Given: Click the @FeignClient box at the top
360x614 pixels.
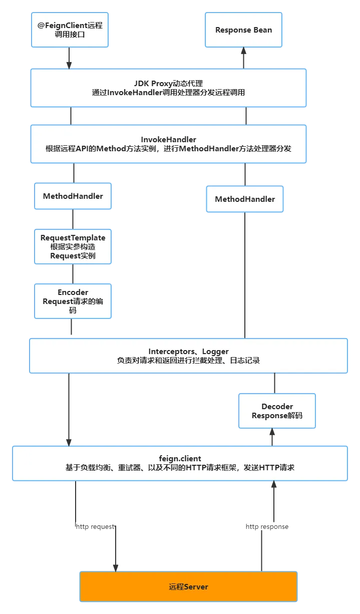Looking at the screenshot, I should [x=70, y=30].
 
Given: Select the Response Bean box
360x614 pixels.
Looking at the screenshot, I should [x=243, y=30].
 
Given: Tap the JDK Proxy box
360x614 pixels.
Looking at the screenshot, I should [x=168, y=88].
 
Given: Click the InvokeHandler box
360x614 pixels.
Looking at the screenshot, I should [x=168, y=144].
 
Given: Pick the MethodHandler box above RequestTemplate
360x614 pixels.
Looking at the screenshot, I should [x=73, y=196].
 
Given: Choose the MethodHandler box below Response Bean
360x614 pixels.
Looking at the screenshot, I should [x=244, y=199].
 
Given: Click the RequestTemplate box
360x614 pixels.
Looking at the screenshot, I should [x=73, y=246].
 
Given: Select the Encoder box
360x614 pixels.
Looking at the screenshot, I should [x=73, y=301].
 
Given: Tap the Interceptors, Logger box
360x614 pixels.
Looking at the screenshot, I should [x=188, y=356].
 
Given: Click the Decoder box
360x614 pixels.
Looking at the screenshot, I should [x=277, y=411].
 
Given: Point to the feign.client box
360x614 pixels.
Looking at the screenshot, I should [x=180, y=463].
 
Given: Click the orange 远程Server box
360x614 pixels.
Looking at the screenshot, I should [x=188, y=586].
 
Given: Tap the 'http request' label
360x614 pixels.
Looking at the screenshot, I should [x=94, y=526].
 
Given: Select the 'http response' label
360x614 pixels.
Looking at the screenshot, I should [x=267, y=526].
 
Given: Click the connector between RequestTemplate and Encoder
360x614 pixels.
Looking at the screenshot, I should [x=74, y=273].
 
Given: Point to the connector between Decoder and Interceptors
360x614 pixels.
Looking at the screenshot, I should [x=274, y=383].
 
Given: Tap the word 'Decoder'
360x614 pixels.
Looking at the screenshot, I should [x=277, y=406].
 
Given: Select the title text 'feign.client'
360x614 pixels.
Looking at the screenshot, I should [x=180, y=458].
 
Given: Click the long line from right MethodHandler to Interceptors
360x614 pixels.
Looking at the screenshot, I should [x=246, y=275].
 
